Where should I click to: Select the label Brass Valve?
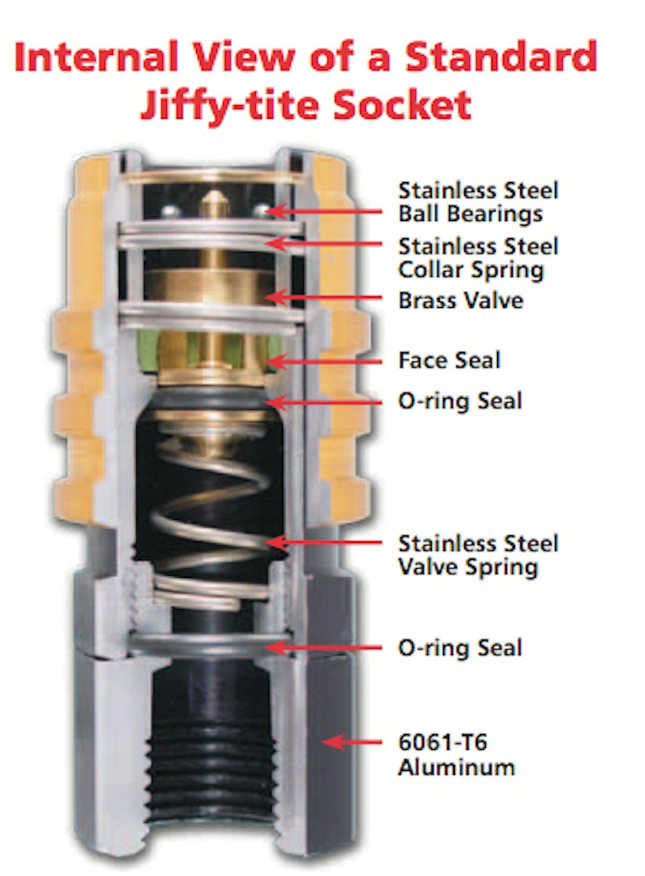[461, 301]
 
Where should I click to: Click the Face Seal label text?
[449, 360]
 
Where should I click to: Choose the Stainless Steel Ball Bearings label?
[478, 202]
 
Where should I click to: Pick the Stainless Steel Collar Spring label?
[478, 258]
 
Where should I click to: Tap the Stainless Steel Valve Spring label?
[478, 555]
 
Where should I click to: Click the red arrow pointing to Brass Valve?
[324, 298]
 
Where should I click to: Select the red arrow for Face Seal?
[324, 362]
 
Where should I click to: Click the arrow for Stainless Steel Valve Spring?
[324, 542]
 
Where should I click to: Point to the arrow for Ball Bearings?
[324, 212]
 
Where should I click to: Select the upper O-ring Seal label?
[460, 401]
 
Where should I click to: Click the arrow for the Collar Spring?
[324, 244]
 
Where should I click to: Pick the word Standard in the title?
[501, 57]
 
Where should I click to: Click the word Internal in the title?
[96, 57]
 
